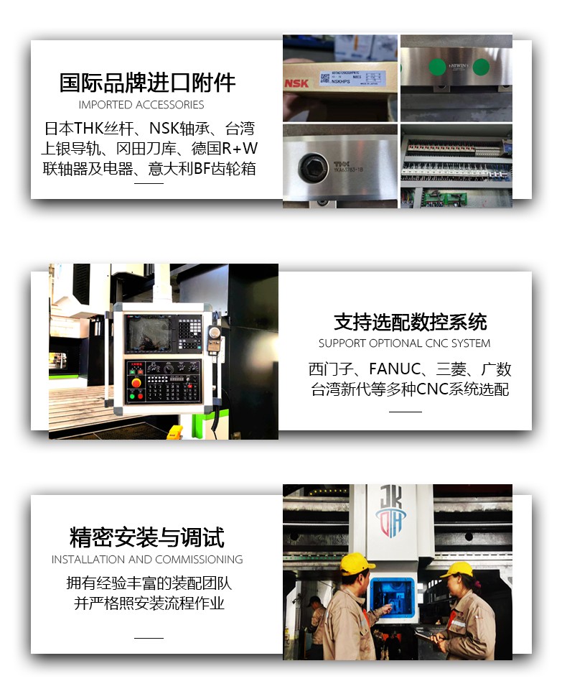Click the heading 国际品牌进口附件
[147, 83]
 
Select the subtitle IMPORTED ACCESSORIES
[141, 105]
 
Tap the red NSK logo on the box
[296, 83]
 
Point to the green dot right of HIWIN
[481, 68]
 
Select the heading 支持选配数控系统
[410, 321]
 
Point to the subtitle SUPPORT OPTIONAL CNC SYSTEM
[405, 343]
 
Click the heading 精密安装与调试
[147, 537]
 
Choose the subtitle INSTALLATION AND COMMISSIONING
[147, 560]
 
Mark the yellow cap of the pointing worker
[356, 563]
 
